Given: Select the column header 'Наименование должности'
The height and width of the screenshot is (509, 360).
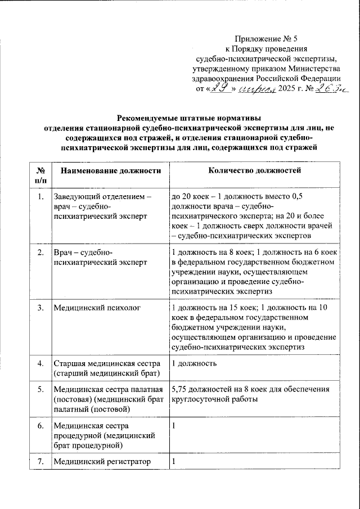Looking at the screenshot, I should coord(107,170).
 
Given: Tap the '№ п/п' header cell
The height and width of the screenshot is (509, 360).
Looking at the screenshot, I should coord(40,175).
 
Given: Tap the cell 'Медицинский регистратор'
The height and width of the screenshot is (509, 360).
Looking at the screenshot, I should coord(102,462).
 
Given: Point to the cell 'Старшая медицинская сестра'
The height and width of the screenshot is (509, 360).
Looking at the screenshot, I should coord(107,363).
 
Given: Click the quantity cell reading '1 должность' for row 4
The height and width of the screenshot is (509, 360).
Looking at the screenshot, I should coord(195,363).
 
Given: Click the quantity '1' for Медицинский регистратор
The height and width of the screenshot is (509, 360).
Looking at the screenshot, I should coord(174,462).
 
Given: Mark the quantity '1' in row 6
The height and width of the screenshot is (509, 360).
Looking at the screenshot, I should coord(174,426).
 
